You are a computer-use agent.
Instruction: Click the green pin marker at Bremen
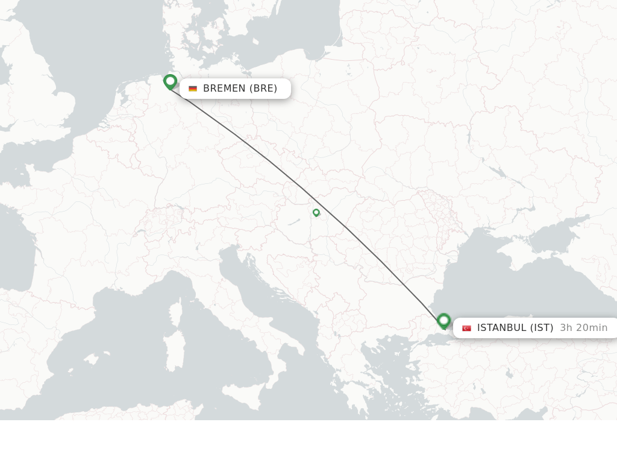(170, 81)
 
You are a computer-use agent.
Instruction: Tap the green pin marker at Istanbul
(444, 320)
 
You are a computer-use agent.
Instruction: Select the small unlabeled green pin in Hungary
(316, 212)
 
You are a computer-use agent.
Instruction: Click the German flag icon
(193, 89)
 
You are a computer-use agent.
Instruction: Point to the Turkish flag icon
(466, 328)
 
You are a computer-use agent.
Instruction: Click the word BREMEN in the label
(224, 89)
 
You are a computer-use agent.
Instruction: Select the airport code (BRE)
(263, 89)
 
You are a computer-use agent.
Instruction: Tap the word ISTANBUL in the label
(501, 328)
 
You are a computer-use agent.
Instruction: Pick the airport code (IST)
(542, 328)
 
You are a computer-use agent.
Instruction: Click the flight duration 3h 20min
(583, 328)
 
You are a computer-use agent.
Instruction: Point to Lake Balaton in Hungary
(293, 222)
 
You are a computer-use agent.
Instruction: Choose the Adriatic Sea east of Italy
(265, 283)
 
